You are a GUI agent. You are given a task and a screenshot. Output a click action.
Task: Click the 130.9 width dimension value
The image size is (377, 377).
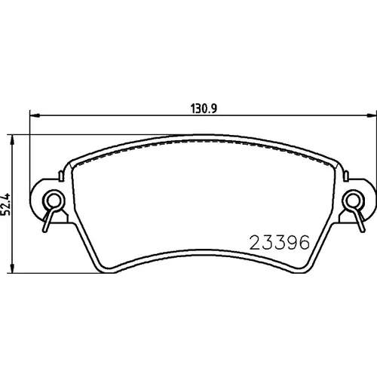pyautogui.click(x=204, y=109)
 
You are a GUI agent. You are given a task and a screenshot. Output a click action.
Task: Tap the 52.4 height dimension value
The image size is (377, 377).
pyautogui.click(x=5, y=204)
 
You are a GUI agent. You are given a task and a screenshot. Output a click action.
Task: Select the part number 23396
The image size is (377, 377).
pyautogui.click(x=279, y=242)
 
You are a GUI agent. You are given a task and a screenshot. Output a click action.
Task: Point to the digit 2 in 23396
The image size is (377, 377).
pyautogui.click(x=255, y=242)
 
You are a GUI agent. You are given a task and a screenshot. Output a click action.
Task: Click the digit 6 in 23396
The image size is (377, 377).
pyautogui.click(x=304, y=242)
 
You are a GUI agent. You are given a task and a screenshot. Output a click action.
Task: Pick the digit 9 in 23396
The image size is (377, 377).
pyautogui.click(x=292, y=242)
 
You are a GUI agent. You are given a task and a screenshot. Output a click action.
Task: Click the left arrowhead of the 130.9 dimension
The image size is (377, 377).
pyautogui.click(x=35, y=115)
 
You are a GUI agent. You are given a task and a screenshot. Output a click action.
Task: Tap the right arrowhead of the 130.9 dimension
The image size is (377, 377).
pyautogui.click(x=372, y=115)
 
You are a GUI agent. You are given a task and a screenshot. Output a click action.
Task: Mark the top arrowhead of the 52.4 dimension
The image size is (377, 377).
pyautogui.click(x=11, y=139)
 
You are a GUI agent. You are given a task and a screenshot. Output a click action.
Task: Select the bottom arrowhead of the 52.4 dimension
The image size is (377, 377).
pyautogui.click(x=11, y=268)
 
